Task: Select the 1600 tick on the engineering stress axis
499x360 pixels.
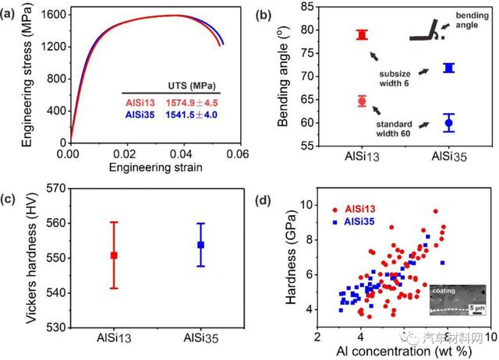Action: coord(52,15)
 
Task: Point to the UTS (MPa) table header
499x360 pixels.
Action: coord(193,85)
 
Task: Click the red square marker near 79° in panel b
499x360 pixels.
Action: coord(362,34)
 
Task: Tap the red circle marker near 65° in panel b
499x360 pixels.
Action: coord(362,101)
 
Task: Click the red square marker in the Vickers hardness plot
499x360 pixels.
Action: coord(114,256)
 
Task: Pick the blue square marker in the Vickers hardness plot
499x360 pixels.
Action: coord(200,245)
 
